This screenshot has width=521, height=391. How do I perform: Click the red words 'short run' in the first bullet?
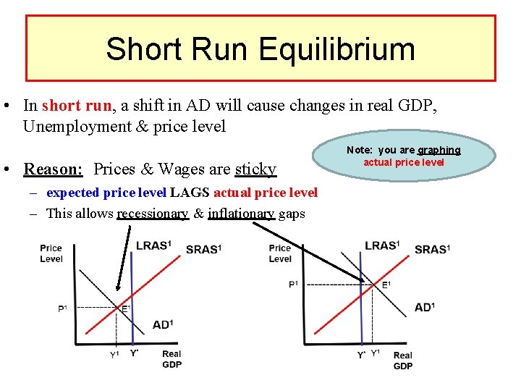click(x=77, y=105)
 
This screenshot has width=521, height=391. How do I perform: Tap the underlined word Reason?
click(x=54, y=169)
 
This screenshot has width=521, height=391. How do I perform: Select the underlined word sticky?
click(x=255, y=169)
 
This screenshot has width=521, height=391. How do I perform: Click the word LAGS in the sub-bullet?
click(x=190, y=193)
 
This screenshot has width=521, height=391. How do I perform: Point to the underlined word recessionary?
click(x=152, y=214)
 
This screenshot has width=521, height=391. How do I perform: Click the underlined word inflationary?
click(x=241, y=214)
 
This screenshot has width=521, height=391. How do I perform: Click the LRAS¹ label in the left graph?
click(x=154, y=246)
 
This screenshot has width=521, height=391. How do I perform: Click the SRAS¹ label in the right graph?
click(x=432, y=250)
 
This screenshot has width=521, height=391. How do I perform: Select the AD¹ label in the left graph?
click(x=163, y=324)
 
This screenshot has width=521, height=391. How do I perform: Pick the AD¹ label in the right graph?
click(x=425, y=308)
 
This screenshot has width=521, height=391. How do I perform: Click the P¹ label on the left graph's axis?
click(x=62, y=309)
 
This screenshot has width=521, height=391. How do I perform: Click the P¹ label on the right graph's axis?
click(x=293, y=284)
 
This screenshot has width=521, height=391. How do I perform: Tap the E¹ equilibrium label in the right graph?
click(x=386, y=285)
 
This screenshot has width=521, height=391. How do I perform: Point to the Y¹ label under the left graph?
click(x=114, y=354)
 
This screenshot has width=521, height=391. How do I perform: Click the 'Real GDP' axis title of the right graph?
click(x=402, y=360)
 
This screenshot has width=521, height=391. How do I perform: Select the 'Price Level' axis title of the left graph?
click(x=51, y=253)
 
